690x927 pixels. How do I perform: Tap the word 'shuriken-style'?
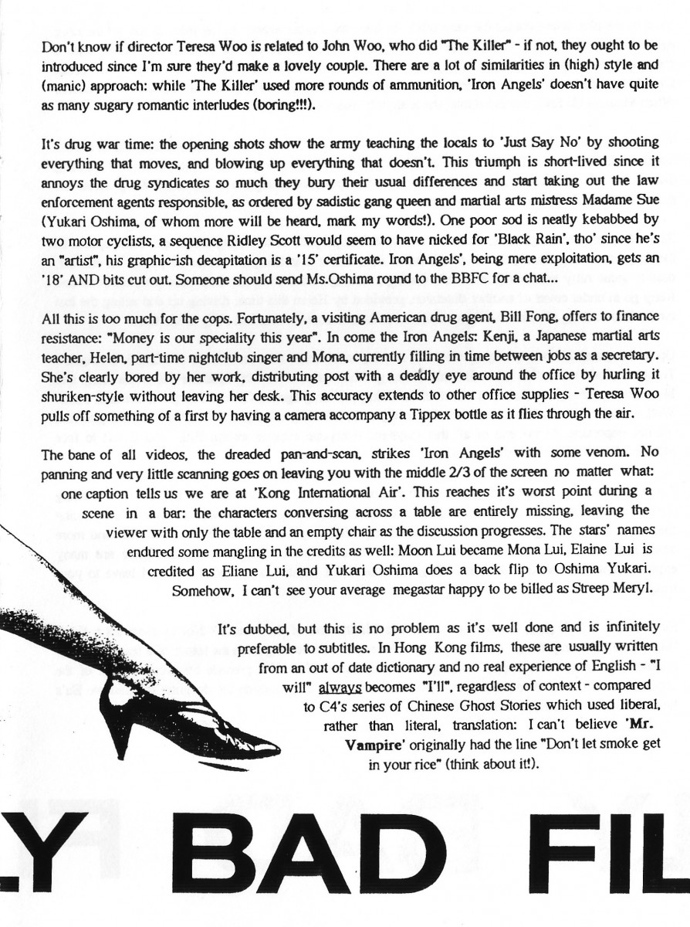coord(82,396)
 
